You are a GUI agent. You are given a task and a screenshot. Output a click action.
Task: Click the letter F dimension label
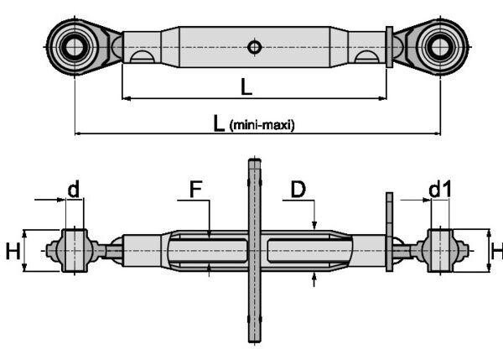195,190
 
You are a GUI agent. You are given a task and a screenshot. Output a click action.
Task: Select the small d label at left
74,190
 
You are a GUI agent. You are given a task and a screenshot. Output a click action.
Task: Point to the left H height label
13,250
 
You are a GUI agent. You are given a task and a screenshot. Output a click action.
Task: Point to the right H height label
496,250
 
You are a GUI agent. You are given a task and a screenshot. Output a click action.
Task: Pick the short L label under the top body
246,86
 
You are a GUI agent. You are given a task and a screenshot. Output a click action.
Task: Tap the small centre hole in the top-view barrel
254,47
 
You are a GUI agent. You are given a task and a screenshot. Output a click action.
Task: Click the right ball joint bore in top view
438,44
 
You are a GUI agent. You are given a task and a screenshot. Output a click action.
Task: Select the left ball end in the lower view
73,250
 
